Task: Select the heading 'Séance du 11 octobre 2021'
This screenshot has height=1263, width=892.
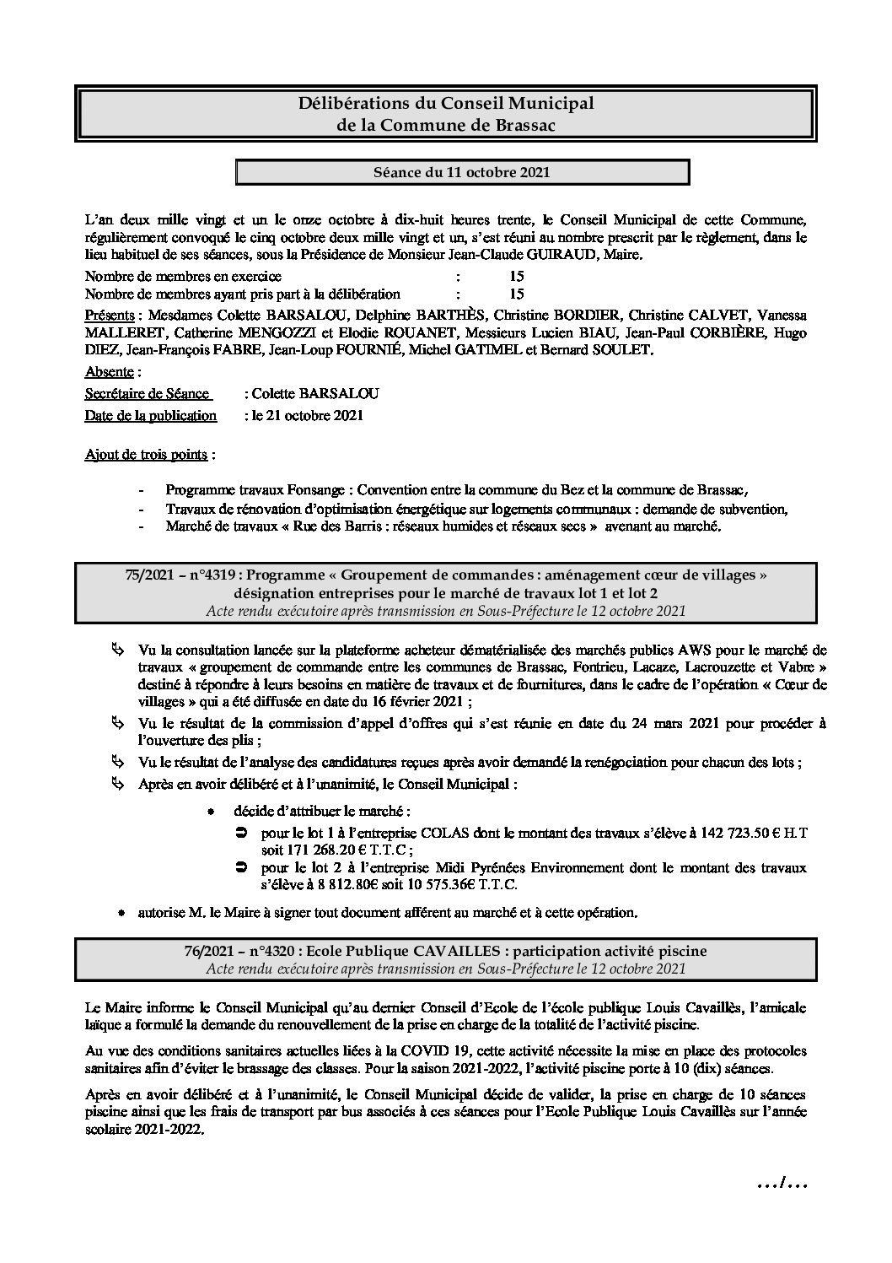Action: coord(462,172)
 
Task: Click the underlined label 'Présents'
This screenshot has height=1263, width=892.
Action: coord(110,315)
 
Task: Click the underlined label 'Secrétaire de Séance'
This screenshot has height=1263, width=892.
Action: coord(147,393)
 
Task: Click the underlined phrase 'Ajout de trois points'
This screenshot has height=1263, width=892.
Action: coord(146,455)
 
